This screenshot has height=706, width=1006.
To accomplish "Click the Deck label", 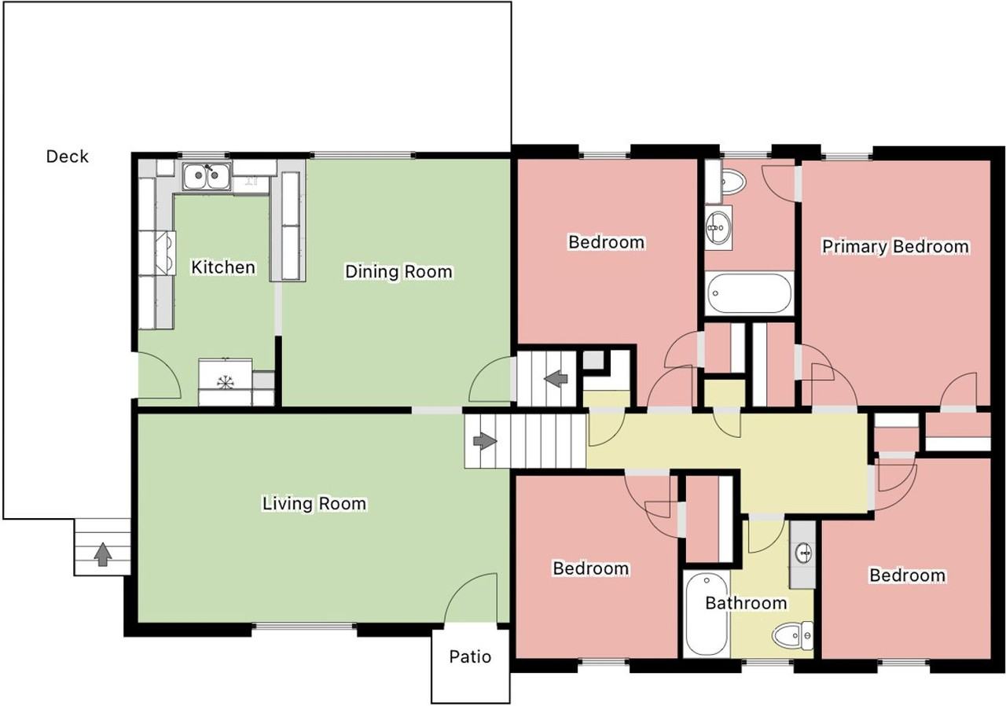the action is (68, 156).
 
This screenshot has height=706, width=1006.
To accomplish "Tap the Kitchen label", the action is (223, 267).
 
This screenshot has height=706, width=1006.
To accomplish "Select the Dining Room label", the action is (398, 272).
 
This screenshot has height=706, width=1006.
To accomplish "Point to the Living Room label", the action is (314, 503).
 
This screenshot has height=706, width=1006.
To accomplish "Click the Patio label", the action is (470, 656).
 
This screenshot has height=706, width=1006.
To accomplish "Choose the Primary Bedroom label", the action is (895, 247).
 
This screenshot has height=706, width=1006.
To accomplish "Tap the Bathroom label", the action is (746, 603).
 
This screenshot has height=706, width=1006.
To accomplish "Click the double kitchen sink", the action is (207, 176).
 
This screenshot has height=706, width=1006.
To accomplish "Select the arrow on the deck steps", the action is (103, 554).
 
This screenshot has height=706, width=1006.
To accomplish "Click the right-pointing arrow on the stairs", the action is (485, 441).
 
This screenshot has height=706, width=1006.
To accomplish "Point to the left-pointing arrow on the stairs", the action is (556, 378).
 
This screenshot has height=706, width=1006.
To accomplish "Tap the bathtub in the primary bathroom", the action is (749, 293).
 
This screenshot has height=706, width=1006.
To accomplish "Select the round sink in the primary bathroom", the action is (718, 228).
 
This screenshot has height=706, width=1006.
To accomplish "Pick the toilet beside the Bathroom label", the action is (793, 636).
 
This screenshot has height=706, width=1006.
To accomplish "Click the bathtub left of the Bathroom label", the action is (707, 614).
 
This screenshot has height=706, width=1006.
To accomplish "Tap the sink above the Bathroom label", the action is (803, 553).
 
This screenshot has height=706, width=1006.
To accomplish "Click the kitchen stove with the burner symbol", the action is (225, 382).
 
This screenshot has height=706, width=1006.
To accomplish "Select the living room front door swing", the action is (471, 598).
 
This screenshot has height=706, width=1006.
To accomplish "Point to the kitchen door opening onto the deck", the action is (159, 376).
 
